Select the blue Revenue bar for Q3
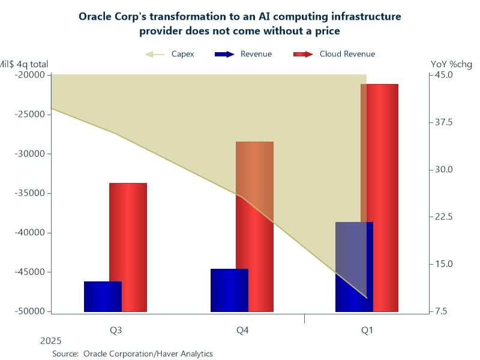tap(103, 296)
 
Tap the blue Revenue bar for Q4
tap(229, 290)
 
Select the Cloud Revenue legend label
tap(347, 54)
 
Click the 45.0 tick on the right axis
tap(443, 75)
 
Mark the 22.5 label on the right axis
tap(443, 217)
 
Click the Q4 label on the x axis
tap(242, 330)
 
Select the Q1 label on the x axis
tap(367, 330)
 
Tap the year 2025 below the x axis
tap(50, 341)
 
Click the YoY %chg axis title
tap(452, 64)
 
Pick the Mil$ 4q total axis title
tap(23, 64)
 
